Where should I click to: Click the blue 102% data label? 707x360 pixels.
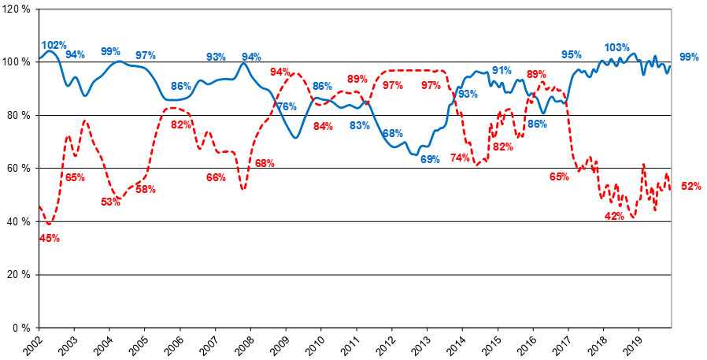click(54, 45)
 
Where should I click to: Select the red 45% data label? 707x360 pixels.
click(50, 238)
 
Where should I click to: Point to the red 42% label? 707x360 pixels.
click(614, 216)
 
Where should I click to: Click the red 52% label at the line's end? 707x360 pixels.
click(690, 187)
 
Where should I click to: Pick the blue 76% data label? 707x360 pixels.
click(286, 106)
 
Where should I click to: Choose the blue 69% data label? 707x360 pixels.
click(430, 159)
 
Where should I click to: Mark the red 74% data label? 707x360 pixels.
click(460, 158)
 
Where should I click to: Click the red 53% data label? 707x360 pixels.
click(111, 202)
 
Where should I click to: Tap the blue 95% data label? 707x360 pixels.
click(572, 54)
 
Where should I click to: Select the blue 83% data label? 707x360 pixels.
click(361, 125)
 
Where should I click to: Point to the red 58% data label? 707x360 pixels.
click(145, 190)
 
